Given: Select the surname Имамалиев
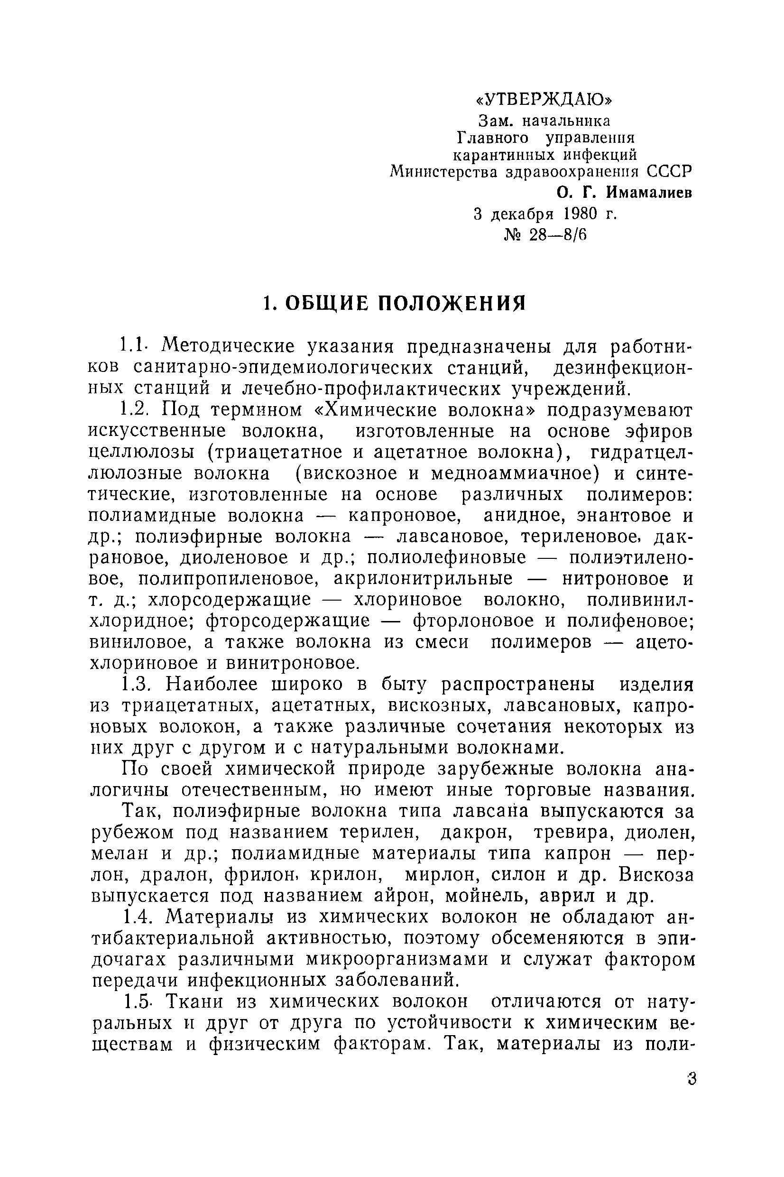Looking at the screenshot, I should point(646,193).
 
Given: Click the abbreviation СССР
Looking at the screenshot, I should point(670,172).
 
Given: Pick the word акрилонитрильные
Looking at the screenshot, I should point(423,578).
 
